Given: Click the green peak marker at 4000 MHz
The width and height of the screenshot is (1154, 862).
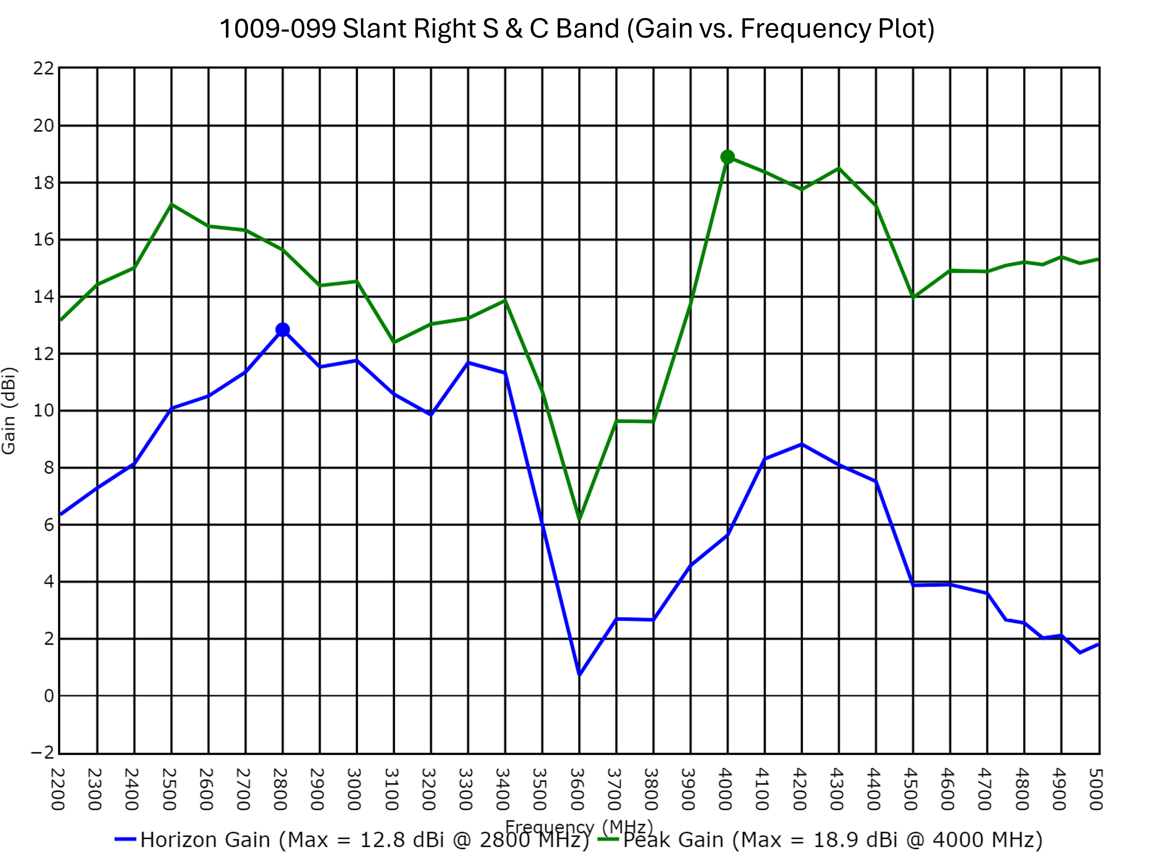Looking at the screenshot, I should tap(727, 157).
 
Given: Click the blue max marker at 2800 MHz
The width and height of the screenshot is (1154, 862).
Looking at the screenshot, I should tap(282, 330).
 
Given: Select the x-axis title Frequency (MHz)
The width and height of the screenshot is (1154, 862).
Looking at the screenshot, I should tap(579, 827).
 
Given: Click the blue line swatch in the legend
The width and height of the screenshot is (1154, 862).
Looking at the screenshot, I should tap(125, 840).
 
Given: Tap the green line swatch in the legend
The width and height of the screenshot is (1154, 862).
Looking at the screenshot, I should tap(608, 840).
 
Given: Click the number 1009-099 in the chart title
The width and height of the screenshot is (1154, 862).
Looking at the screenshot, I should tap(278, 29).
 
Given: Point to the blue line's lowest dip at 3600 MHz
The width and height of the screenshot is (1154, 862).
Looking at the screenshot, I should tap(579, 675).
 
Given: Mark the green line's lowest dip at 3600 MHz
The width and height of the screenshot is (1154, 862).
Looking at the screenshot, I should tap(579, 518).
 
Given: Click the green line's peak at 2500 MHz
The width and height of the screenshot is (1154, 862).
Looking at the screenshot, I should tap(172, 205).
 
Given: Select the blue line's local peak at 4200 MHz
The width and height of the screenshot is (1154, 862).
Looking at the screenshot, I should tap(802, 445).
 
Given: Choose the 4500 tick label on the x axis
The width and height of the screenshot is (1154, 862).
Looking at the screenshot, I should tap(910, 789).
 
